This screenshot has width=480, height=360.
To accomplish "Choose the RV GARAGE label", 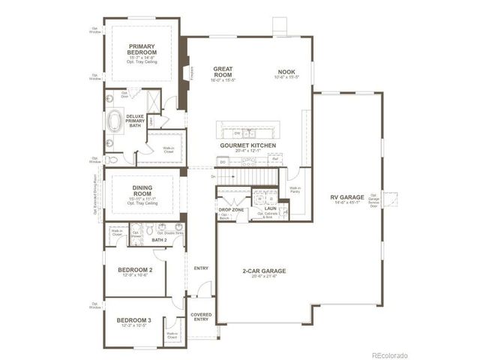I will click(346, 198).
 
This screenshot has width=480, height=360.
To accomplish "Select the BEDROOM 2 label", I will click(135, 270).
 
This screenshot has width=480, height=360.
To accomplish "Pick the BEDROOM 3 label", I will click(134, 320).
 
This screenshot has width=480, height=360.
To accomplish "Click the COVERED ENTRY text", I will click(201, 317).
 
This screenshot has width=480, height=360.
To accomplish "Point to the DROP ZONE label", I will click(229, 210).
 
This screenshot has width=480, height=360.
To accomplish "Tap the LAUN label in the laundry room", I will click(270, 209).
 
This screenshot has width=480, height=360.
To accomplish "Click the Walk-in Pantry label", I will click(295, 190).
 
